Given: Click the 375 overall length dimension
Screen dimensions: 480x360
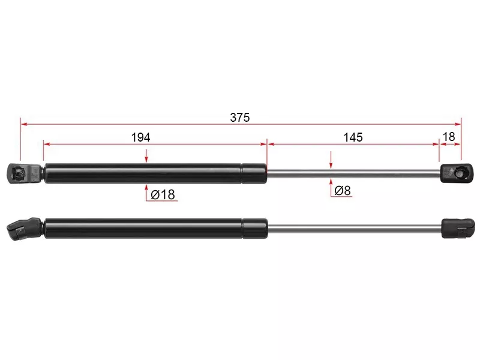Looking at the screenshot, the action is [239, 117].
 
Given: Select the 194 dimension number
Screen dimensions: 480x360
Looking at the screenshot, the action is [140, 137].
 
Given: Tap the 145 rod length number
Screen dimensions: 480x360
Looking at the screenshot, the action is [353, 137].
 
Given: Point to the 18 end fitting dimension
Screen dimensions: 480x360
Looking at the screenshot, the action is [449, 137].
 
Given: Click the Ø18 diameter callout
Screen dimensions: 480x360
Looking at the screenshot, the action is [163, 194].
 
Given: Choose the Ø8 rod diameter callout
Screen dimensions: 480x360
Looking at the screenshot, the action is [343, 190].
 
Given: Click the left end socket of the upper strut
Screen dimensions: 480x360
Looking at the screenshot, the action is [24, 173].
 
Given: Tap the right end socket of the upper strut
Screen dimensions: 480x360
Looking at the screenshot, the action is [457, 173].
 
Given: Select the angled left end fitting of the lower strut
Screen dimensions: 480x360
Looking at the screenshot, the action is [23, 229].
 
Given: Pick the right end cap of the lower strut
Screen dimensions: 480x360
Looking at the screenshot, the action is [458, 229].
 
